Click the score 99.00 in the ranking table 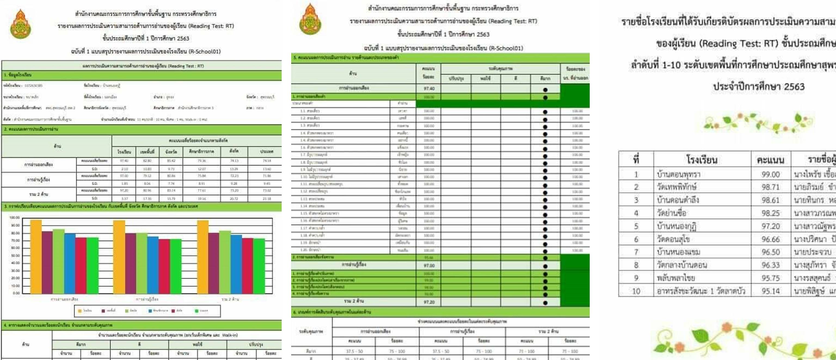(770, 175)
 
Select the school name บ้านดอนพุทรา (678, 175)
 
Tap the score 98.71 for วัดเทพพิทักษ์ (770, 187)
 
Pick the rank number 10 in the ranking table (636, 291)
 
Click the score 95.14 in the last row (770, 291)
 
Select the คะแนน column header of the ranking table (770, 160)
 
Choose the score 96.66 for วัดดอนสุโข (770, 239)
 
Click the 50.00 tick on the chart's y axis (15, 256)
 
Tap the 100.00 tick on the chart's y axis (15, 217)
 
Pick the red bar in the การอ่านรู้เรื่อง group (164, 266)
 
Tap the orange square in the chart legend (80, 311)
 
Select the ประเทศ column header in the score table (266, 152)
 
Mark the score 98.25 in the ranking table (770, 213)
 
